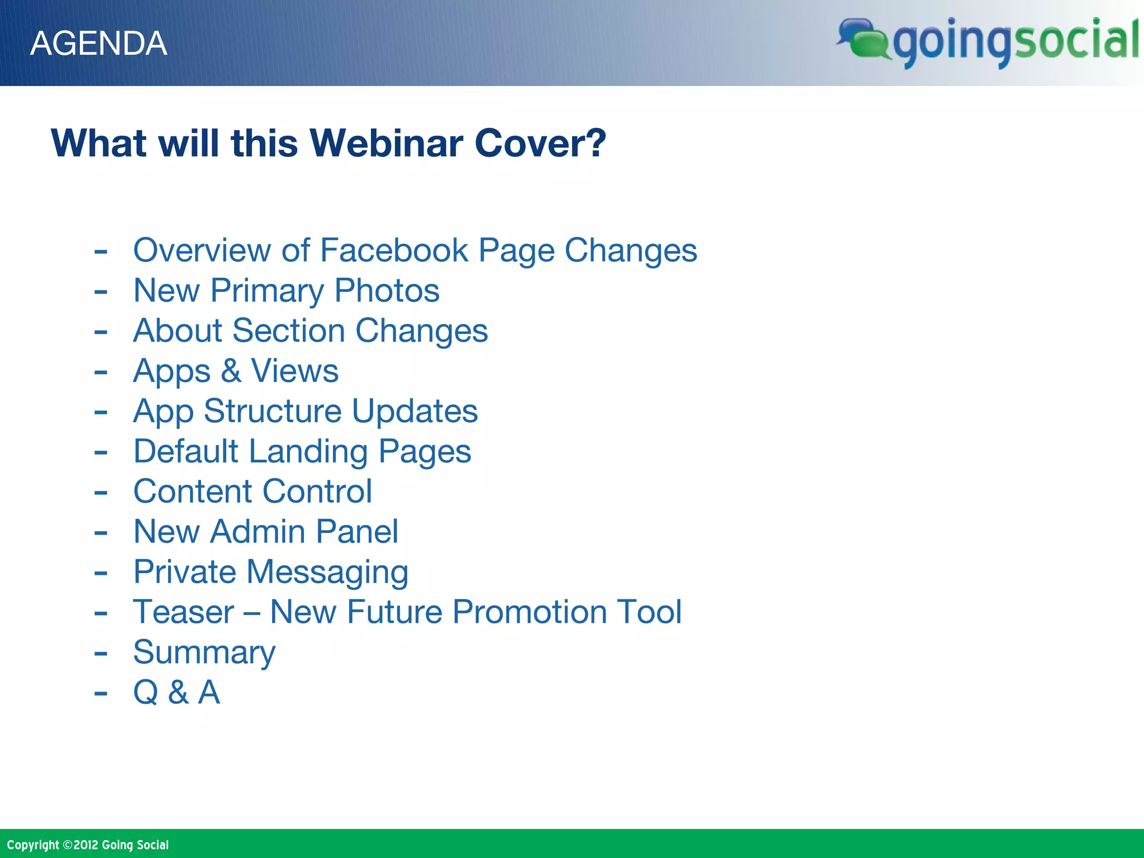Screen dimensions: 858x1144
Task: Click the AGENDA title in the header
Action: pos(98,44)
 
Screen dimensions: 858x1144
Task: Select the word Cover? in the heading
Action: pos(540,144)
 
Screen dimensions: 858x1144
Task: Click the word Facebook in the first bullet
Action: pos(394,250)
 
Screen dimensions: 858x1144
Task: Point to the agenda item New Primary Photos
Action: pos(286,291)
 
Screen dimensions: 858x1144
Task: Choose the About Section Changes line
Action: pos(310,331)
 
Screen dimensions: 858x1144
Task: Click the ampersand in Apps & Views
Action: pos(231,371)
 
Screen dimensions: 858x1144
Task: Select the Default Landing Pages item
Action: pos(302,451)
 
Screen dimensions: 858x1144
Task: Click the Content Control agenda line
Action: pos(252,492)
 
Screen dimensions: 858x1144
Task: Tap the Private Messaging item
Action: pos(270,573)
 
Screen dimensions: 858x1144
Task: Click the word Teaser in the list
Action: pos(183,612)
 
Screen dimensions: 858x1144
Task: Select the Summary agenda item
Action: pos(204,652)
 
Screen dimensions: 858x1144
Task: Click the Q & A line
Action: pos(177,693)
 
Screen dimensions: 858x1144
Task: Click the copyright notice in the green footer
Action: pos(88,845)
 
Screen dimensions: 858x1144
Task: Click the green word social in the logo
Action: pos(1075,40)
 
